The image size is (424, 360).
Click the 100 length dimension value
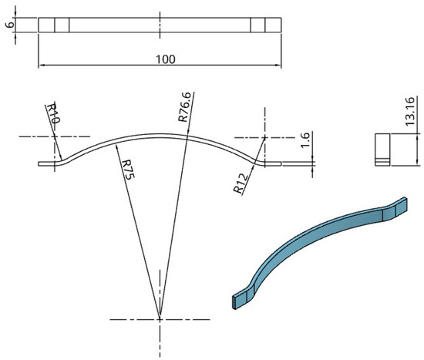166,59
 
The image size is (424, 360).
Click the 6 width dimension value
10,25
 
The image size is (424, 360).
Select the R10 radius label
52,113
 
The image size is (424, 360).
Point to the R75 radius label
128,170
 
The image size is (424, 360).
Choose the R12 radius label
241,183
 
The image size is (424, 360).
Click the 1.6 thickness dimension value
305,140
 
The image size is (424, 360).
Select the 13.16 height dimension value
410,111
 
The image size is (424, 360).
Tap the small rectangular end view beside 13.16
382,150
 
